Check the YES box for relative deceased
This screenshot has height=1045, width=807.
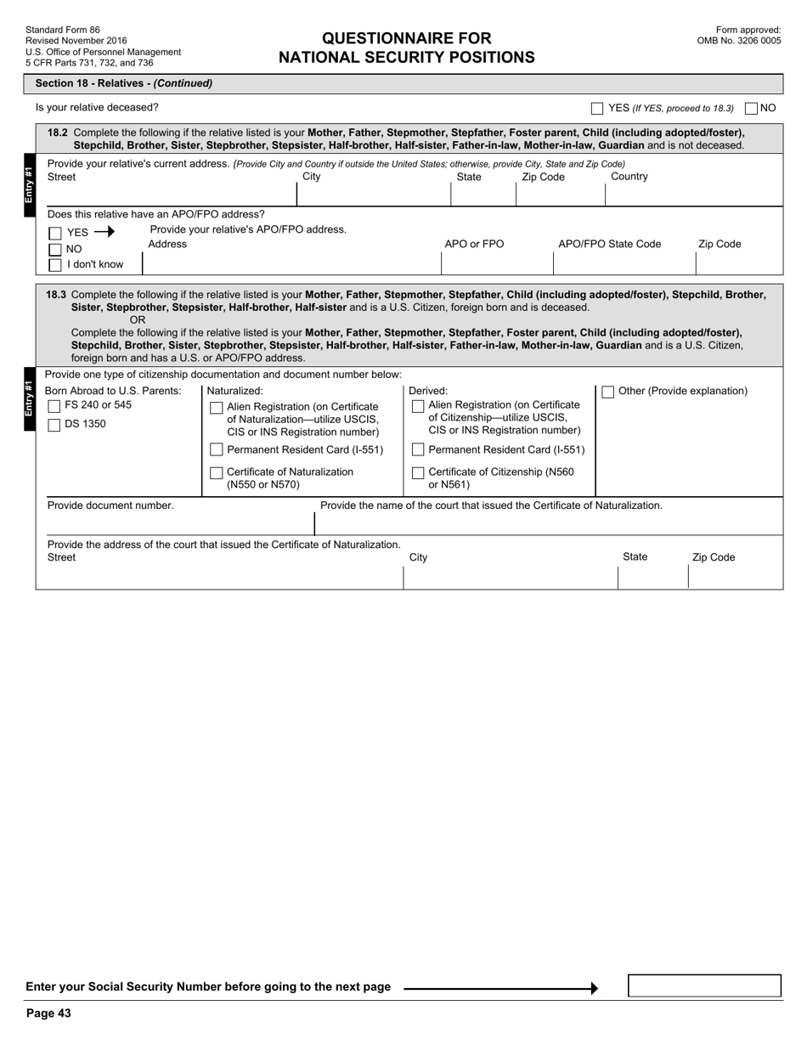(x=597, y=109)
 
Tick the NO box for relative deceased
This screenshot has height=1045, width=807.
(x=751, y=109)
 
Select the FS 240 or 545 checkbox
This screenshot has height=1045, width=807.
(x=54, y=406)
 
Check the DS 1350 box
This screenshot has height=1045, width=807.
(x=54, y=425)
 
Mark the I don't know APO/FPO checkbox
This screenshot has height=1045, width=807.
(x=55, y=265)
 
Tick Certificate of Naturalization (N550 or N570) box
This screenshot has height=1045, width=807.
(x=216, y=473)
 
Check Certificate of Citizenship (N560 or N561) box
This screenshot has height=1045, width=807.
(x=417, y=473)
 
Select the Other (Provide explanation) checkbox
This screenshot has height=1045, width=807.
(x=608, y=392)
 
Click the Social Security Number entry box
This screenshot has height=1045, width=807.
(x=704, y=986)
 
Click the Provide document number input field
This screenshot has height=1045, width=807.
(x=174, y=523)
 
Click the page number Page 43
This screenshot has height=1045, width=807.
(x=48, y=1013)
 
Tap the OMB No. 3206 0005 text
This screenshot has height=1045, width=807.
(x=738, y=41)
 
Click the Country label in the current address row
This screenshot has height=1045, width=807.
(x=629, y=177)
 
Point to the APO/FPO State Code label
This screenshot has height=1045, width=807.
(x=609, y=245)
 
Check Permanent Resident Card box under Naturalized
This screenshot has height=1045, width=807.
(x=216, y=450)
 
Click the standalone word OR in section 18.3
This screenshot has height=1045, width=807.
(x=138, y=319)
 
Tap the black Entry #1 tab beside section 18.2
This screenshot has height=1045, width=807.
(x=29, y=186)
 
